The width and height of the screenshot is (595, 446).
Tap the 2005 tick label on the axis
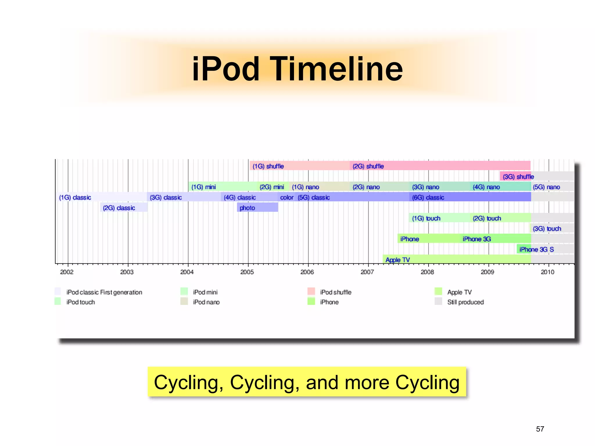(x=247, y=272)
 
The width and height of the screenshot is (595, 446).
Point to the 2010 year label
(x=547, y=272)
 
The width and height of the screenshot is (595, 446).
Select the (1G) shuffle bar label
(x=268, y=166)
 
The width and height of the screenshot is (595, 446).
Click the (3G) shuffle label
(x=518, y=177)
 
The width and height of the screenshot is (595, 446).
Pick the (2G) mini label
(x=272, y=187)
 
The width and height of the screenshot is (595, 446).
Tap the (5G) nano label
(x=546, y=187)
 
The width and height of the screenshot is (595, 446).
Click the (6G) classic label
(x=428, y=197)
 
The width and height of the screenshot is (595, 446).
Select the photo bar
(x=257, y=208)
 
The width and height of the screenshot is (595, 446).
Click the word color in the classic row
(x=286, y=197)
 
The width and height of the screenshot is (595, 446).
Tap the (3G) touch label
(x=547, y=229)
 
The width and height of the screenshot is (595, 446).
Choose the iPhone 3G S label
(x=536, y=249)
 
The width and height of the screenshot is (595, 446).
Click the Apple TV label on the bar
(x=397, y=260)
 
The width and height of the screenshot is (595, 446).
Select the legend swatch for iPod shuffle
(x=311, y=291)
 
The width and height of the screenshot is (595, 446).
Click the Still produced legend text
(x=465, y=302)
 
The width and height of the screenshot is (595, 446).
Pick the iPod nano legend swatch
(x=184, y=301)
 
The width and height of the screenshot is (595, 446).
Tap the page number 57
(x=540, y=429)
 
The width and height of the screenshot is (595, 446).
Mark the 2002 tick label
(x=67, y=272)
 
